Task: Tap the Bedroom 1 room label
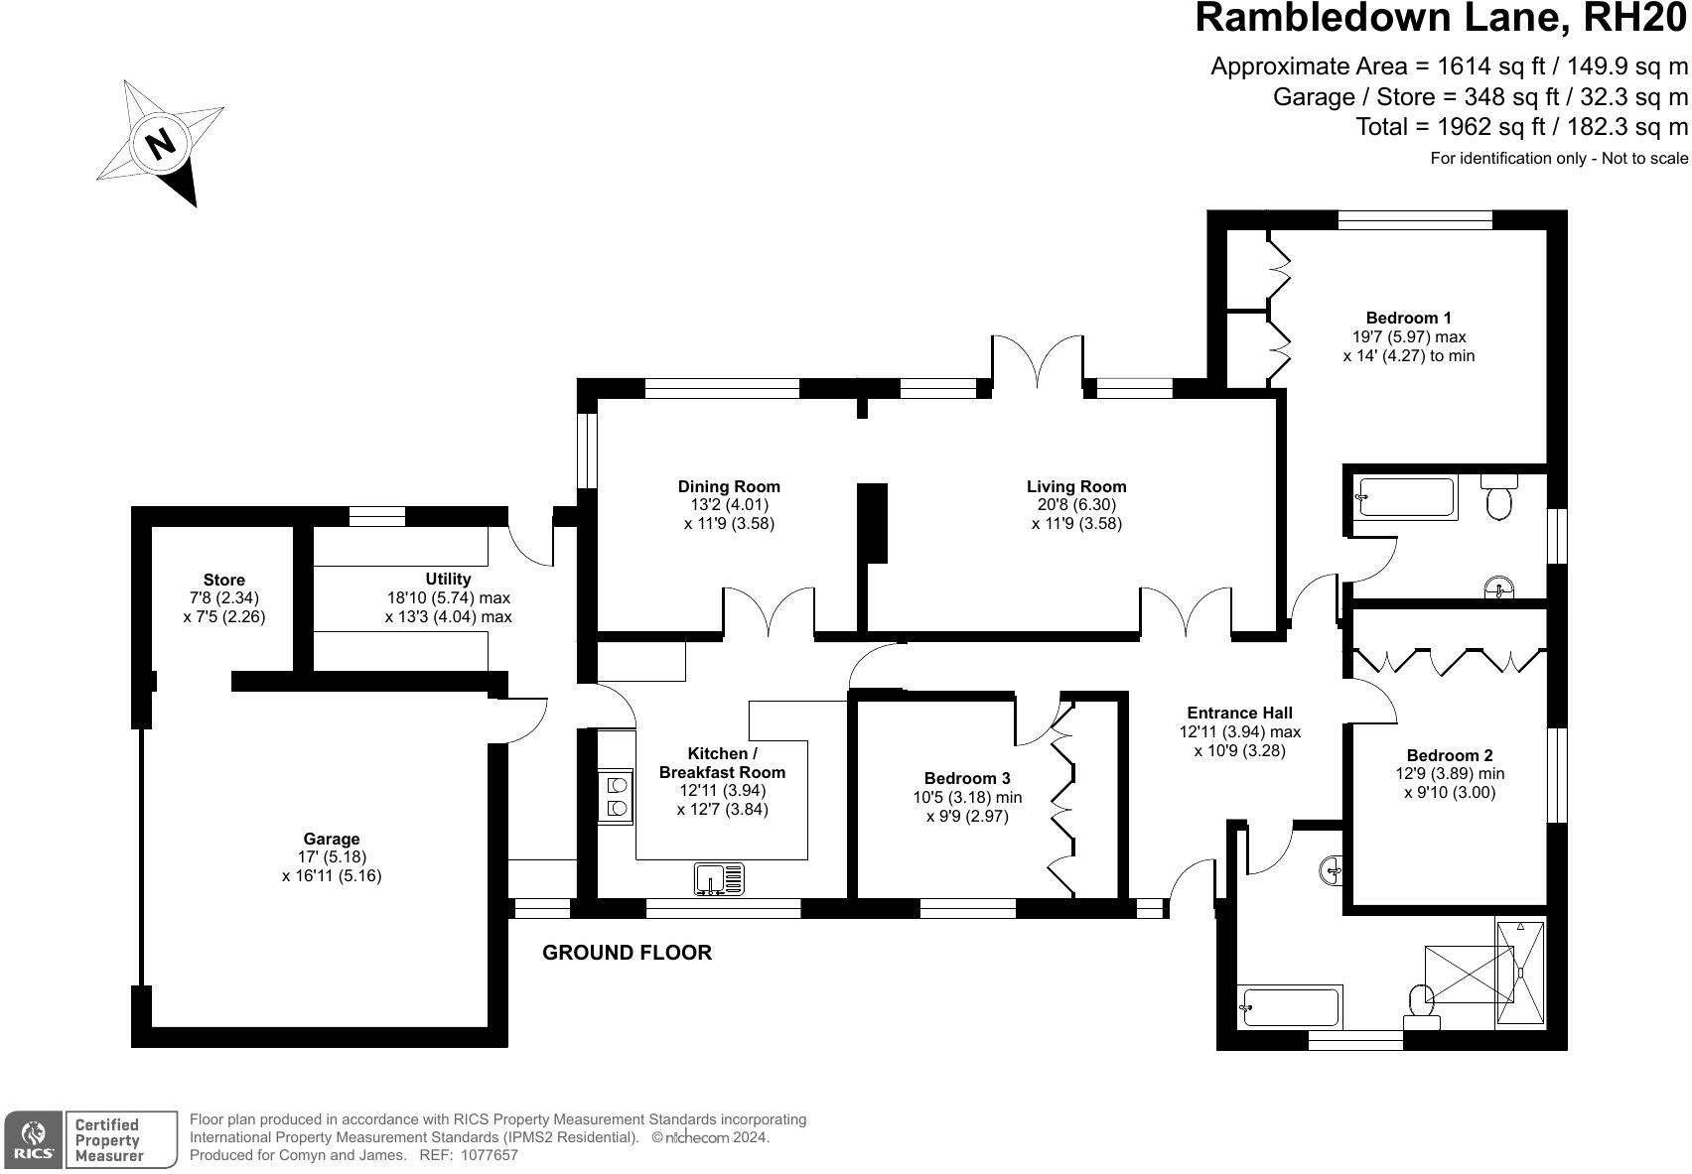pyautogui.click(x=1408, y=319)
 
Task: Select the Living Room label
pyautogui.click(x=1076, y=487)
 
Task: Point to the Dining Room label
pyautogui.click(x=729, y=487)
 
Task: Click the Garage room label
pyautogui.click(x=332, y=840)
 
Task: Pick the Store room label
pyautogui.click(x=223, y=581)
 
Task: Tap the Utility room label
pyautogui.click(x=448, y=580)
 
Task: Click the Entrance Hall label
pyautogui.click(x=1239, y=714)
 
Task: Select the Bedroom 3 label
pyautogui.click(x=967, y=779)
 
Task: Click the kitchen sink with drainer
pyautogui.click(x=720, y=879)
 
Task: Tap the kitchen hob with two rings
pyautogui.click(x=616, y=797)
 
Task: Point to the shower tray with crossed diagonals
pyautogui.click(x=1469, y=975)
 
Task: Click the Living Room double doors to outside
pyautogui.click(x=1037, y=362)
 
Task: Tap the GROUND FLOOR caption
pyautogui.click(x=627, y=954)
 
